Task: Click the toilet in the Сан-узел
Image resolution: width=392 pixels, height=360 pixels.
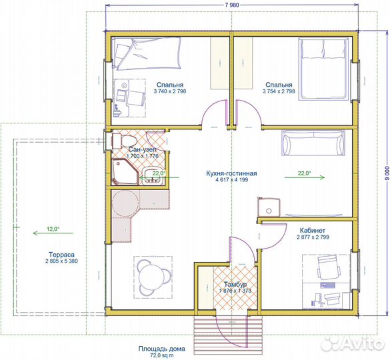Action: click(x=124, y=141)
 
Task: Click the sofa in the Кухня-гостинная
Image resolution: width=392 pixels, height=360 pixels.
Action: click(x=313, y=142)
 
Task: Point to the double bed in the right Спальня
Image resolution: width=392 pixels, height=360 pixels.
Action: click(x=323, y=69)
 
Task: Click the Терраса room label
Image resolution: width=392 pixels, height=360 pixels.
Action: click(x=61, y=255)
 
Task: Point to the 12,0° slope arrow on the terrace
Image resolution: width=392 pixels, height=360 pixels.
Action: click(x=53, y=233)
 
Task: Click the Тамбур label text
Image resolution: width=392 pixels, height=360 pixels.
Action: click(x=235, y=285)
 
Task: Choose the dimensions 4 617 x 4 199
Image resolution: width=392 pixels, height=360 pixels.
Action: click(x=231, y=179)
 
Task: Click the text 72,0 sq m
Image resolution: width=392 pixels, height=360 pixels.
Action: click(x=161, y=355)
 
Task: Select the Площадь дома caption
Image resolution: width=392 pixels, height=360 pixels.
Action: click(x=162, y=349)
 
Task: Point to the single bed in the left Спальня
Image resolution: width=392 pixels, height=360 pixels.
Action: click(x=147, y=53)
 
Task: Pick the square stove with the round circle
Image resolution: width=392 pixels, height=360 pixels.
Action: click(x=269, y=207)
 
